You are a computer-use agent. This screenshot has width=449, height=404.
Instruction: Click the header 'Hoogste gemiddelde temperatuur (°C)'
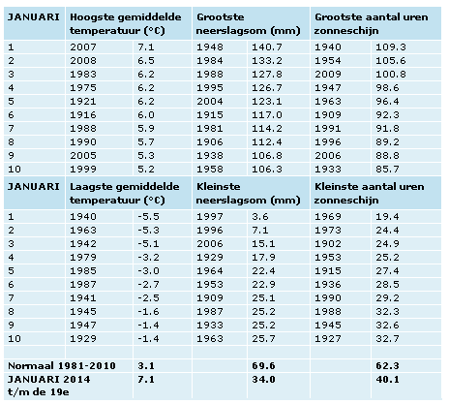[x=126, y=24]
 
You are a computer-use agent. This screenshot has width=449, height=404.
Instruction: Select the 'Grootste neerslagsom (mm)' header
[x=248, y=24]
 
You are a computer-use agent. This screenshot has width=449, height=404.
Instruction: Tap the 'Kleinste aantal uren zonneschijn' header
[x=369, y=193]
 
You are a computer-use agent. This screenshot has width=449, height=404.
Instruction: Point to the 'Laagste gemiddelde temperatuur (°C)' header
[x=125, y=193]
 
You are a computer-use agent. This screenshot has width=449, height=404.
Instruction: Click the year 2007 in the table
[x=83, y=47]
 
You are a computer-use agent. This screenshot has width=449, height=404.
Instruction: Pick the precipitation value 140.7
[x=267, y=47]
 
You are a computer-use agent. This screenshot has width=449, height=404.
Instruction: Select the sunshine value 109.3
[x=391, y=47]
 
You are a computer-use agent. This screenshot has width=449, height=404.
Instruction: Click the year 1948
[x=210, y=47]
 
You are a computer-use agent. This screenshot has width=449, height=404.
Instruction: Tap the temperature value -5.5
[x=148, y=217]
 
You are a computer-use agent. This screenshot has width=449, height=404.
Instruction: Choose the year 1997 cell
[x=210, y=217]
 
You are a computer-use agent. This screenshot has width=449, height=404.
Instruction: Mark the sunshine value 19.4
[x=387, y=217]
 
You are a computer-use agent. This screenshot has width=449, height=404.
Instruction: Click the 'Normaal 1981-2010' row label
[x=62, y=366]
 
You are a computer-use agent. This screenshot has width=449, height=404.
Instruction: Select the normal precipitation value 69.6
[x=263, y=366]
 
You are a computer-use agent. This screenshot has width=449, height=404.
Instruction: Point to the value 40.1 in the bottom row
[x=387, y=380]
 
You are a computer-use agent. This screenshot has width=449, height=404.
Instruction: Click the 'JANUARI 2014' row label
[x=49, y=380]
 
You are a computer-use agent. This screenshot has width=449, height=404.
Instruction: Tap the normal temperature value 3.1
[x=146, y=366]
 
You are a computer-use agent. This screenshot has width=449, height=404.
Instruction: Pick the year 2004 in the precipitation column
[x=210, y=102]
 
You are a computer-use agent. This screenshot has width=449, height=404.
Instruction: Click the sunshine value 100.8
[x=391, y=75]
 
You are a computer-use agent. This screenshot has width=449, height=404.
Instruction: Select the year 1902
[x=328, y=244]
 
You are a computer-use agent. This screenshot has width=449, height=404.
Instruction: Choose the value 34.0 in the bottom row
[x=263, y=380]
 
